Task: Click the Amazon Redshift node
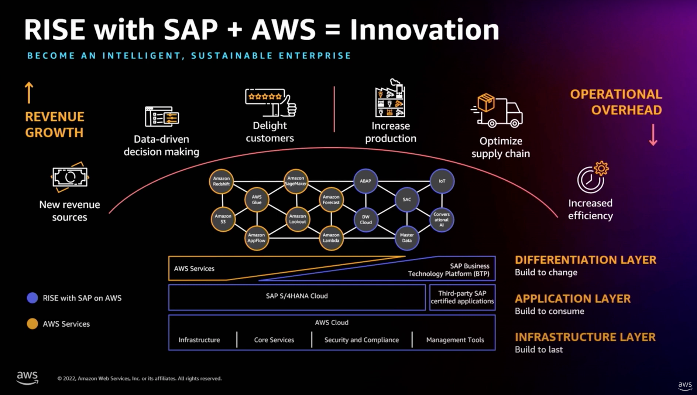coord(222,181)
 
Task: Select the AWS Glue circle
coord(257,200)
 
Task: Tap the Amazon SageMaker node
coord(296,181)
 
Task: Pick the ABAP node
coord(365,181)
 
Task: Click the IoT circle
coord(442,181)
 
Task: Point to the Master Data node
coord(407,238)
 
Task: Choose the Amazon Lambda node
coord(331,238)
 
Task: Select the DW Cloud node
coord(366,220)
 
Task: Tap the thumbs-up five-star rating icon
coord(271,102)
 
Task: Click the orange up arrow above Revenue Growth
coord(29,92)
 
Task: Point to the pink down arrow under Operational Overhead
coord(653,135)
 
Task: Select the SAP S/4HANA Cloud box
coord(297,296)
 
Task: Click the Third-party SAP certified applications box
coord(462,297)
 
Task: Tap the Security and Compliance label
coord(361,340)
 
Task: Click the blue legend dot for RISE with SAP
coord(32,298)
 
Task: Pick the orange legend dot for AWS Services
coord(32,324)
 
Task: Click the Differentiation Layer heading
coord(586,260)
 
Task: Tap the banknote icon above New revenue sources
coord(70,177)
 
